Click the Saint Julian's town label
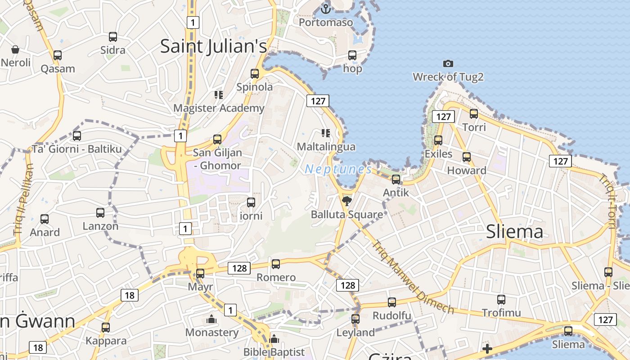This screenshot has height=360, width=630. coord(213,46)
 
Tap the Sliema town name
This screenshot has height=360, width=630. coord(514,232)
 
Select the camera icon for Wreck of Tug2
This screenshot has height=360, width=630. coord(448,63)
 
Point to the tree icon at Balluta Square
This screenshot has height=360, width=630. coord(346,201)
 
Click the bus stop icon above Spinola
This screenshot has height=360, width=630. coord(255,73)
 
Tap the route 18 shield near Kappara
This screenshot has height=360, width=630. coord(38,347)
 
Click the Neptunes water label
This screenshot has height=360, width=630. coord(338,169)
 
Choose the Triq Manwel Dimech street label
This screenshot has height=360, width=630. coord(412,276)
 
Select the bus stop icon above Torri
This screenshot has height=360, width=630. coord(474,113)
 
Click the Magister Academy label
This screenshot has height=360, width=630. coord(219,108)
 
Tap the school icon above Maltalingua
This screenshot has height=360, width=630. coord(325,133)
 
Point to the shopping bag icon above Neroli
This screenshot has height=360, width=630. coord(15,49)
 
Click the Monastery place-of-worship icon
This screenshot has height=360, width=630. coord(211,319)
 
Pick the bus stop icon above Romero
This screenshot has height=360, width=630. coord(276,264)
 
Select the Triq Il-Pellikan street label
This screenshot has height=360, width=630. coord(23,198)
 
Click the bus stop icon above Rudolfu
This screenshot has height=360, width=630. coord(392,302)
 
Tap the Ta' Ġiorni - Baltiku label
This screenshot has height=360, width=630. coord(76,149)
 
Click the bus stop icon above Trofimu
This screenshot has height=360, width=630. coord(501,299)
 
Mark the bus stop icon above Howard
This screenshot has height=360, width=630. coord(467,157)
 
